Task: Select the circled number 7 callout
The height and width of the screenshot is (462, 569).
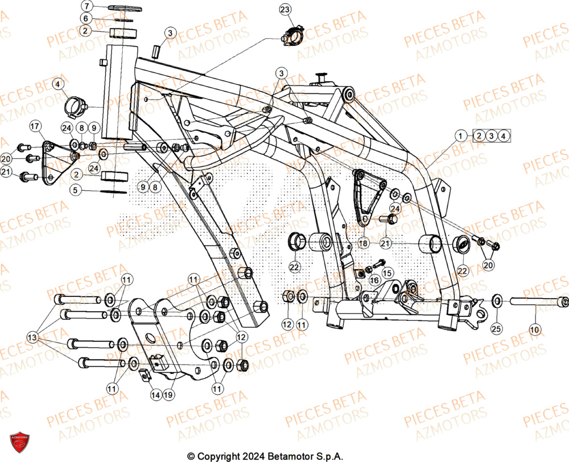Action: pos(85,6)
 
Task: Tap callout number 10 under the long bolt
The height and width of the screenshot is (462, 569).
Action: pos(534,329)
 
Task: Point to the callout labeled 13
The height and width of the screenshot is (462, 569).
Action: pos(32,338)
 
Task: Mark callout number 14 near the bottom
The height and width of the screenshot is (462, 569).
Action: pos(155,394)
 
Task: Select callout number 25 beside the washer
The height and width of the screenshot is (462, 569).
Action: pos(496,329)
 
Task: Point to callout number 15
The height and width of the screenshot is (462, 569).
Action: pos(387,273)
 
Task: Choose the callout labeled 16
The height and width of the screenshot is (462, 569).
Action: pos(374,280)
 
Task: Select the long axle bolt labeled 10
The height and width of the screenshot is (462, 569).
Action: pos(535,302)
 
